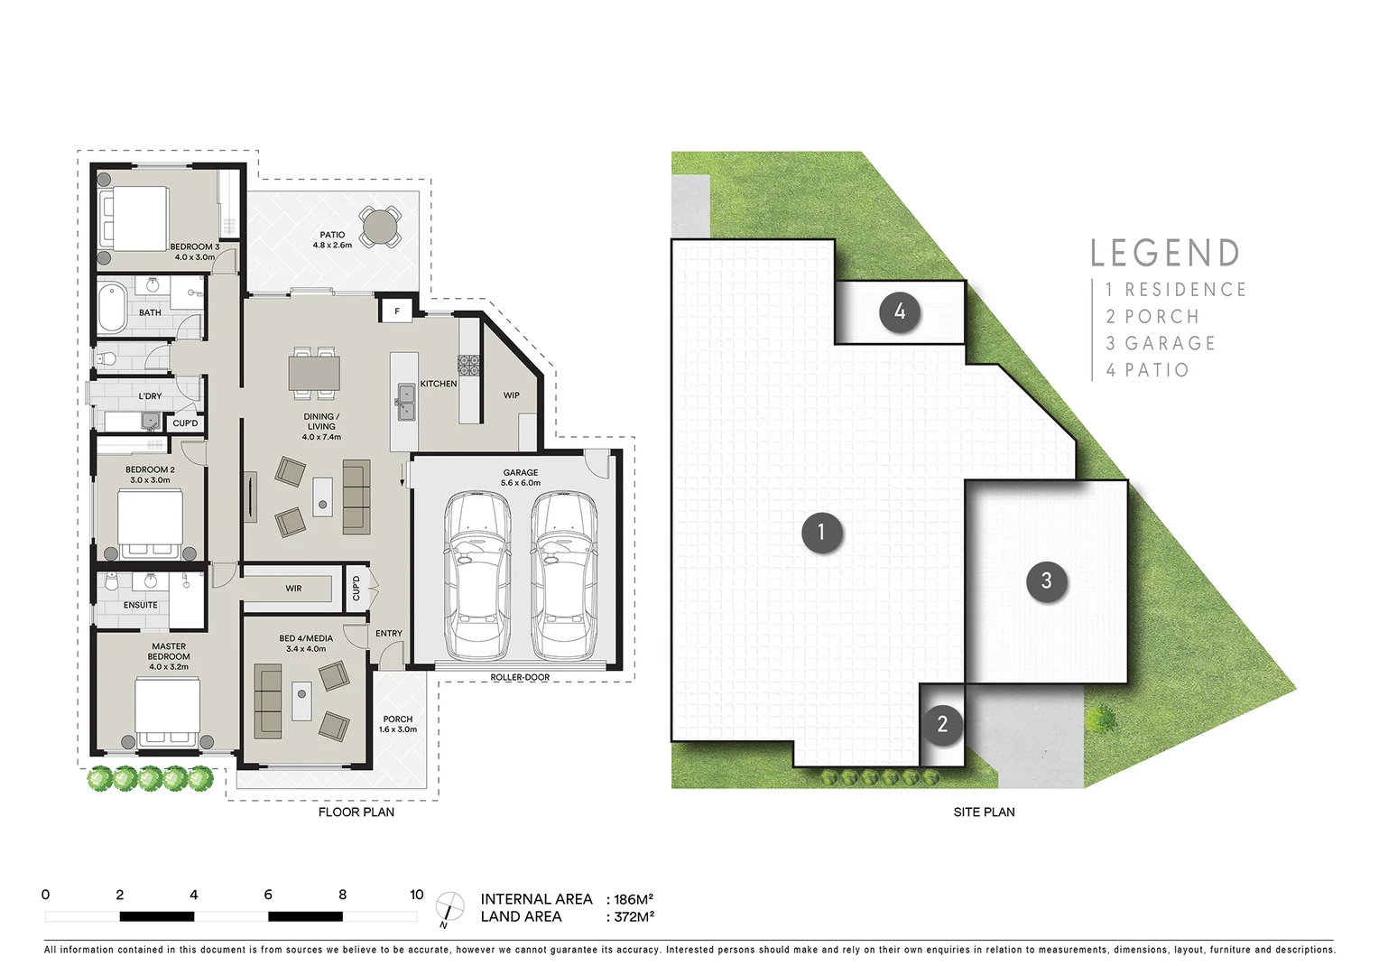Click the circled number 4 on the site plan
click(x=899, y=312)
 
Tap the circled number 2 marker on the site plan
click(x=942, y=724)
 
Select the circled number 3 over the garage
click(x=1046, y=581)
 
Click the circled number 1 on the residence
click(x=821, y=533)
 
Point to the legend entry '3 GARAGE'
click(x=1161, y=344)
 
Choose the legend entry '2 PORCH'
click(x=1152, y=317)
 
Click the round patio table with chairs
click(x=381, y=227)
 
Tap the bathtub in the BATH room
click(x=113, y=307)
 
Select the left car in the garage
click(x=477, y=574)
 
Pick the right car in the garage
click(x=564, y=574)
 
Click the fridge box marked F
click(x=396, y=311)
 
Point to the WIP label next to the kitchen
click(x=511, y=395)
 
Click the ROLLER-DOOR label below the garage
click(x=520, y=677)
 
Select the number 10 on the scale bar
click(x=416, y=895)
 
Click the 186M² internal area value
click(x=633, y=900)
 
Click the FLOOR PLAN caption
click(x=356, y=812)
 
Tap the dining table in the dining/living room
click(x=314, y=372)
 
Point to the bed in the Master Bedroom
click(x=168, y=709)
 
